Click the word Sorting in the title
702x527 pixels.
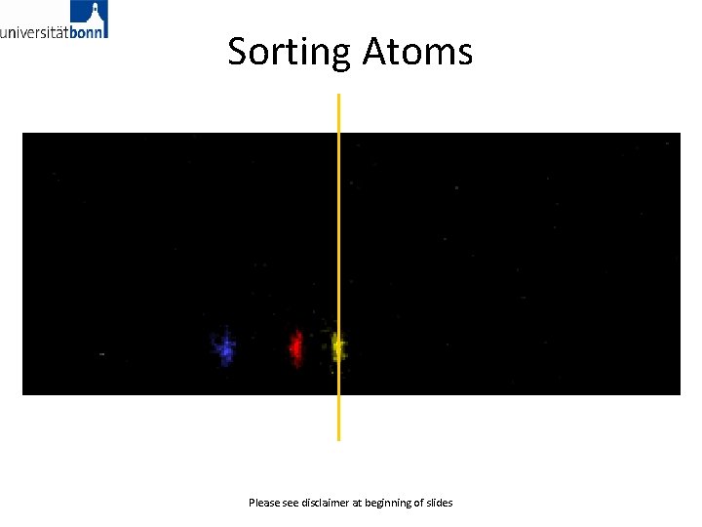pyautogui.click(x=289, y=52)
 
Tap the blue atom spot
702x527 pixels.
pyautogui.click(x=225, y=347)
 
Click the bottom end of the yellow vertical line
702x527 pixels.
pyautogui.click(x=338, y=438)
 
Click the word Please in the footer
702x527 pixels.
pyautogui.click(x=264, y=503)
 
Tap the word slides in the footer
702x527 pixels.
pyautogui.click(x=440, y=503)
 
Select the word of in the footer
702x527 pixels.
pyautogui.click(x=419, y=503)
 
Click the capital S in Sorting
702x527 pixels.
pyautogui.click(x=238, y=51)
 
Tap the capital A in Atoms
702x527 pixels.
pyautogui.click(x=375, y=51)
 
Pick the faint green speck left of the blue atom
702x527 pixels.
pyautogui.click(x=101, y=353)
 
